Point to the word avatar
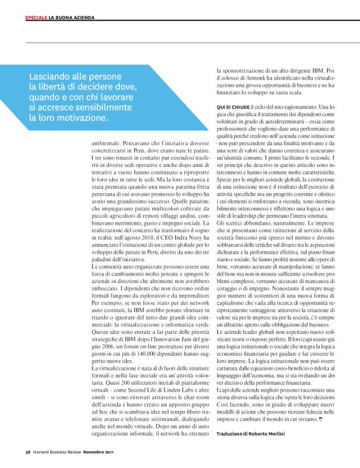coord(115,418)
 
